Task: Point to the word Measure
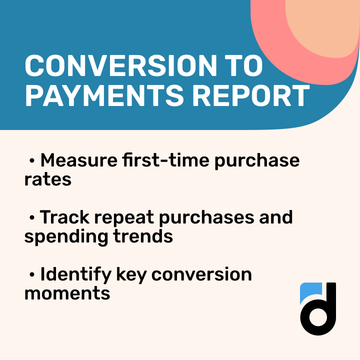tap(78, 160)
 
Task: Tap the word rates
tap(47, 179)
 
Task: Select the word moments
tap(67, 293)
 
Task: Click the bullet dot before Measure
tap(32, 161)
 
